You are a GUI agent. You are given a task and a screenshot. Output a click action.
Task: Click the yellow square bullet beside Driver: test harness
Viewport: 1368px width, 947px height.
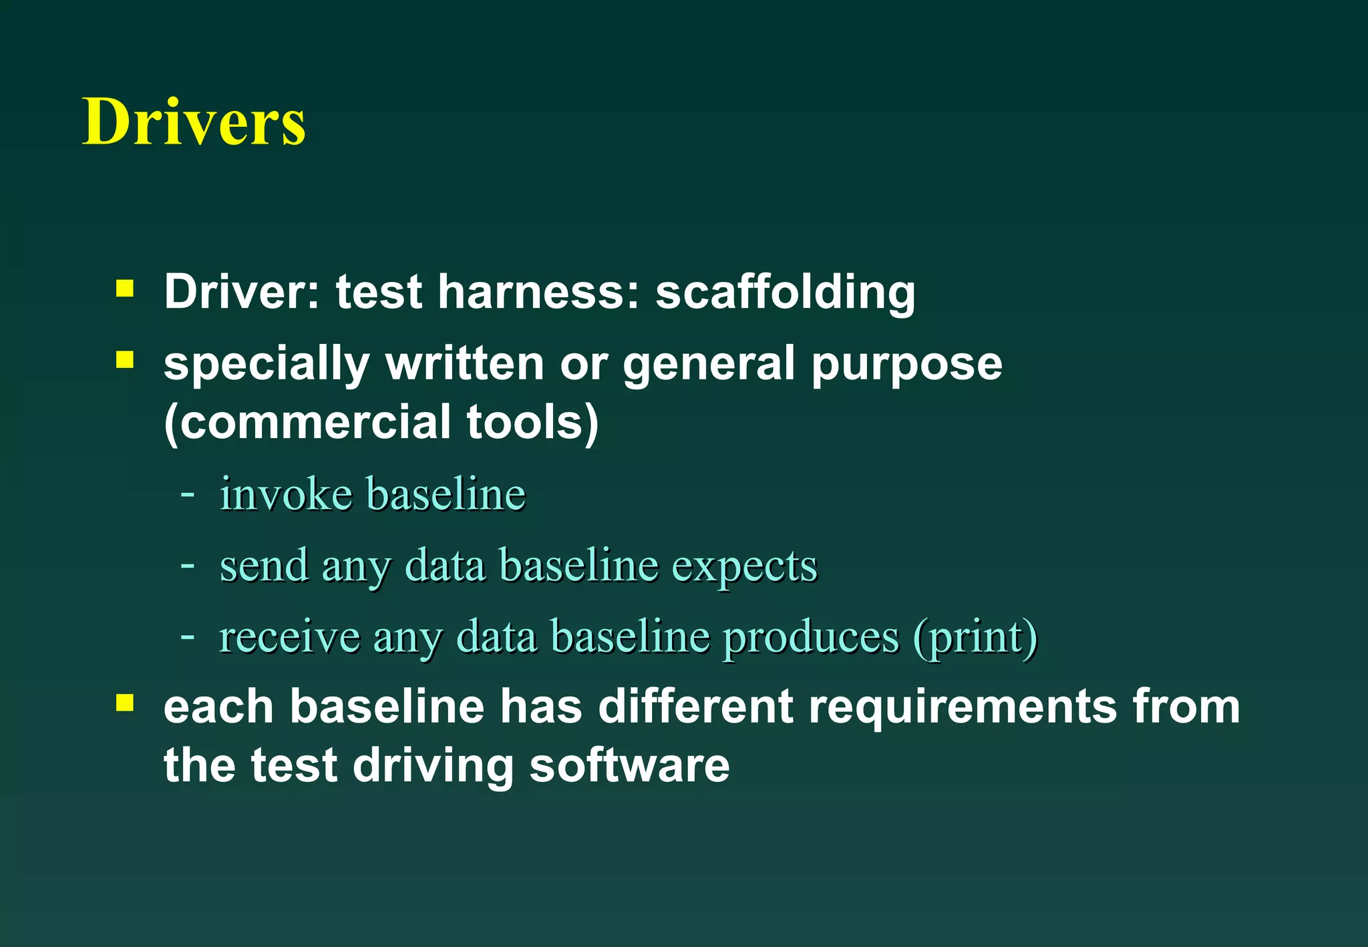(x=125, y=289)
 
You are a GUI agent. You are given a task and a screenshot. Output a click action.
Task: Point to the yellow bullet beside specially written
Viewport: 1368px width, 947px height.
(x=125, y=360)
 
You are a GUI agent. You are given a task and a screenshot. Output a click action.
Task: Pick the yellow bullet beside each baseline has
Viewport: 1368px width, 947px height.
(x=125, y=703)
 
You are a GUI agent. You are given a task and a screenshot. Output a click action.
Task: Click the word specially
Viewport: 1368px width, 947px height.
(x=267, y=365)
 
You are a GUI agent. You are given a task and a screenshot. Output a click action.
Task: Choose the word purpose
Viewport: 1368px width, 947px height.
(x=906, y=365)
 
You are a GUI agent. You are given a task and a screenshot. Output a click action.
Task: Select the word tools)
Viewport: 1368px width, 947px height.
(x=532, y=423)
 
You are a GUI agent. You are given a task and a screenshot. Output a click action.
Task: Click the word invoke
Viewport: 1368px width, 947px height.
(x=287, y=494)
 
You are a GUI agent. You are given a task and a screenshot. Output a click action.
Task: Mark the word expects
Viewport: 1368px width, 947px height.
(x=744, y=566)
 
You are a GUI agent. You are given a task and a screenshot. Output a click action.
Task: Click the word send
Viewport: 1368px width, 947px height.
(x=264, y=566)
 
